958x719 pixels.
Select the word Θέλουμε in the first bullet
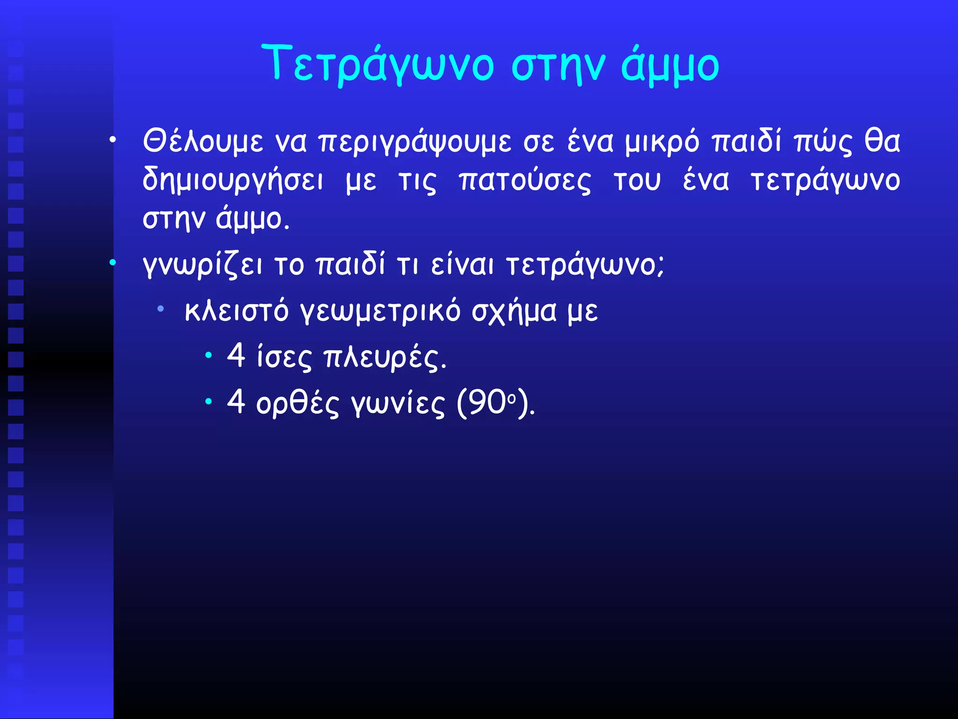click(x=203, y=141)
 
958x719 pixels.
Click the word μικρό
click(x=662, y=141)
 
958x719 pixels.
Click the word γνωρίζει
click(x=202, y=265)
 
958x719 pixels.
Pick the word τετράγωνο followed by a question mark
click(x=585, y=265)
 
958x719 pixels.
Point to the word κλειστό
click(x=236, y=310)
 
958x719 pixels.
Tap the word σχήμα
click(x=514, y=311)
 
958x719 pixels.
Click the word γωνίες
click(x=397, y=403)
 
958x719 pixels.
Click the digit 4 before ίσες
click(x=236, y=355)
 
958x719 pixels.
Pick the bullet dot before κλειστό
click(x=160, y=308)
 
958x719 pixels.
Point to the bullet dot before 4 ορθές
click(x=208, y=401)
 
